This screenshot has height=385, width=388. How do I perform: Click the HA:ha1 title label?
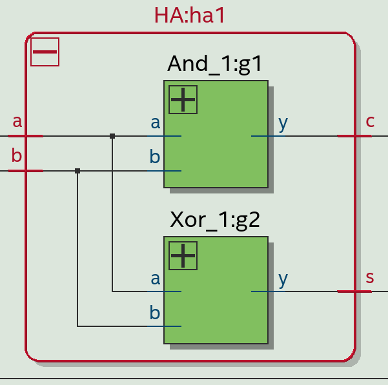click(190, 15)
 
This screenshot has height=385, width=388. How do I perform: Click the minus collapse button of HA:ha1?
click(45, 52)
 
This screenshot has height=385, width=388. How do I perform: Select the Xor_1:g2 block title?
click(215, 220)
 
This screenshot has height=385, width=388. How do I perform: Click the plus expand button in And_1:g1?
click(183, 99)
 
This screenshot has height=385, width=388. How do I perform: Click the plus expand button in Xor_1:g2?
click(183, 255)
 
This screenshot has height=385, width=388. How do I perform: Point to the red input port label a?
click(17, 121)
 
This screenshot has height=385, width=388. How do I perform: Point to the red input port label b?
click(17, 155)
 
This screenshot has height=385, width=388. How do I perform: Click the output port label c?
click(370, 121)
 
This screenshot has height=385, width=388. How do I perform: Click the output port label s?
click(370, 277)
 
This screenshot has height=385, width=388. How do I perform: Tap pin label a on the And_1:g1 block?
click(155, 123)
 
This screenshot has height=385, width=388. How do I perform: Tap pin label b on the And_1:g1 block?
click(155, 157)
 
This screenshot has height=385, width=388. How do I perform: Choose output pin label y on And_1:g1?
click(283, 123)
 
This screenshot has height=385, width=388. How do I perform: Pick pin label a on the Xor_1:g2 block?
click(155, 279)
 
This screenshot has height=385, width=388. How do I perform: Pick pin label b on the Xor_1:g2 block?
click(155, 313)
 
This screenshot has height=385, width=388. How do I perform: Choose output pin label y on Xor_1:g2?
click(283, 279)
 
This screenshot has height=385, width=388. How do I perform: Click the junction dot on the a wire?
click(112, 136)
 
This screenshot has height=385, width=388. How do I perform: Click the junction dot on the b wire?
click(77, 171)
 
